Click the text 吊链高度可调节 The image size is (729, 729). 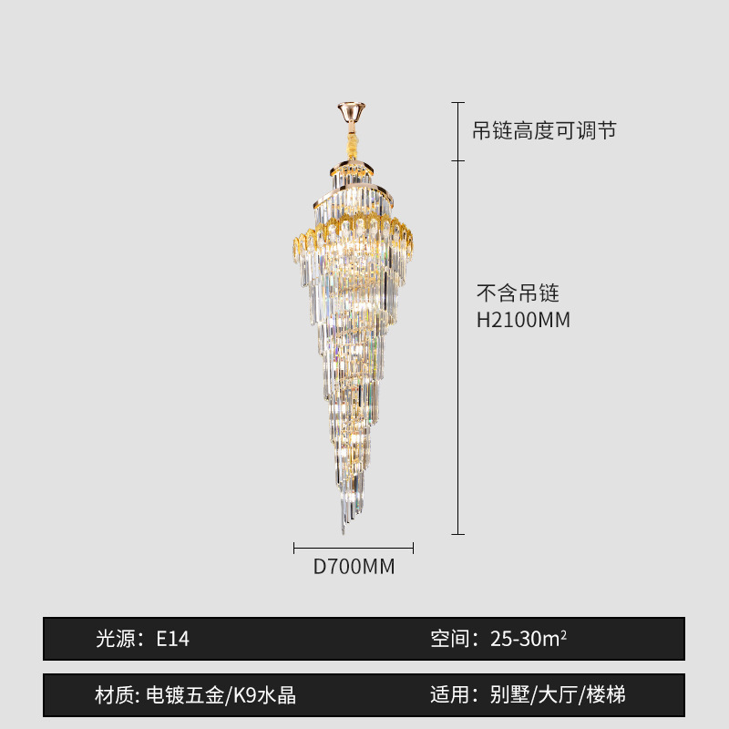coord(544,131)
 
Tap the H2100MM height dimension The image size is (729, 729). coord(524,320)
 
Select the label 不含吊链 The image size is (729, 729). coord(518,293)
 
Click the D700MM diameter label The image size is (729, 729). coord(354,567)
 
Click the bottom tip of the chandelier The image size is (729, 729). coord(344,529)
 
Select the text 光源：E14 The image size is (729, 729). coord(143,639)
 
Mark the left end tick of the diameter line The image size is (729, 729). coord(294,548)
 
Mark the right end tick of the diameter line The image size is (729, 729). coord(413,548)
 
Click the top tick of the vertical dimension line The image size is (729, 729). coord(458,102)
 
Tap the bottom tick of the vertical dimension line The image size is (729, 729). coord(458,534)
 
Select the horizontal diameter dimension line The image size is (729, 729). coord(354,548)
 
